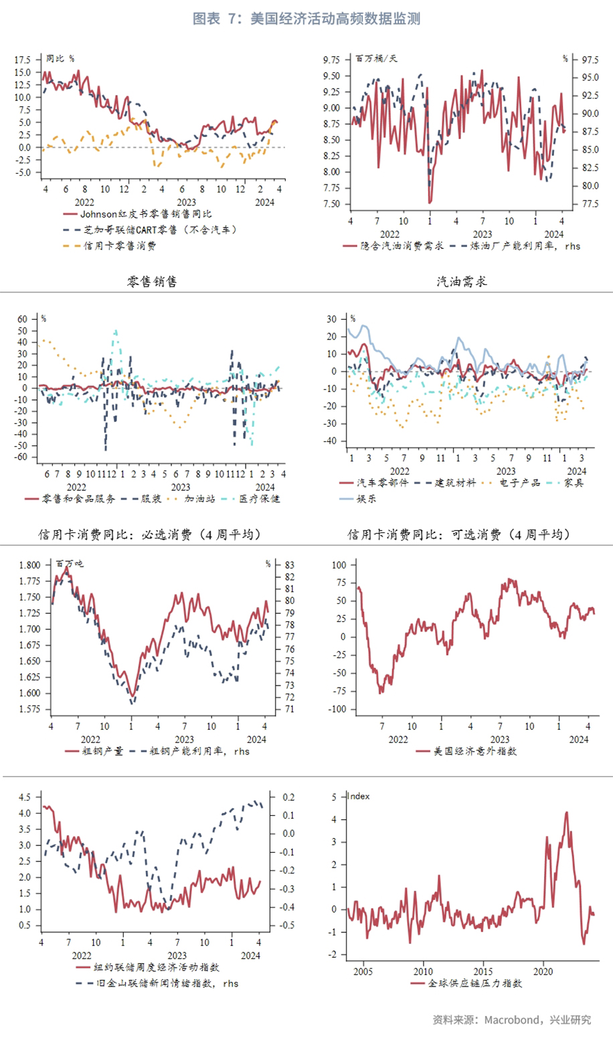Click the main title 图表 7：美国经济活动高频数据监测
(306, 19)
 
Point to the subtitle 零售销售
(152, 282)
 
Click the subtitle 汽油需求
(461, 282)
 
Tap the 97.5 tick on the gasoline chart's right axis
(590, 60)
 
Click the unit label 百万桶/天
(376, 59)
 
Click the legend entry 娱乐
(366, 498)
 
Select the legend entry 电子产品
(519, 482)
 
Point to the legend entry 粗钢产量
(102, 751)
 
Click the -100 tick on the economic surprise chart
(339, 710)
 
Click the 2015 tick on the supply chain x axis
(483, 971)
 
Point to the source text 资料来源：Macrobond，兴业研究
(512, 1020)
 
